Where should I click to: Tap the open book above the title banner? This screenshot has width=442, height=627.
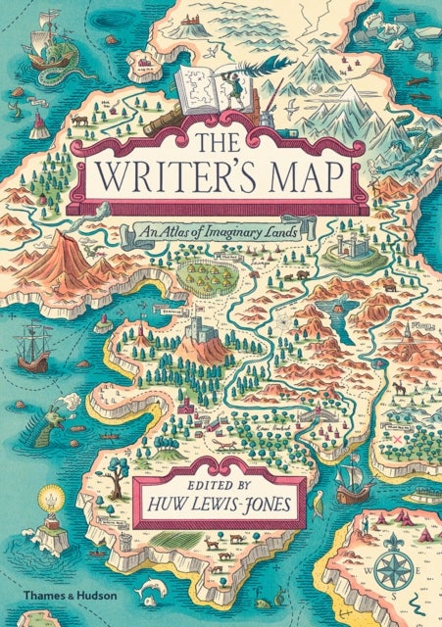coord(203,96)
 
